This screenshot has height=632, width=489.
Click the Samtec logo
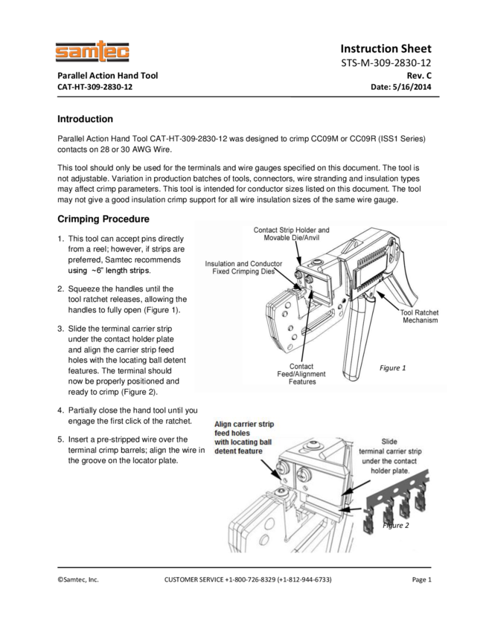pyautogui.click(x=92, y=52)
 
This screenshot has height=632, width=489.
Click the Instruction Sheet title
pyautogui.click(x=386, y=48)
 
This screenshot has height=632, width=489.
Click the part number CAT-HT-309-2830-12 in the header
pyautogui.click(x=96, y=87)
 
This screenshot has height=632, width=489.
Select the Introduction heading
pyautogui.click(x=85, y=119)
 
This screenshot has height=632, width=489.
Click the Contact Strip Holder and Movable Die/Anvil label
pyautogui.click(x=291, y=234)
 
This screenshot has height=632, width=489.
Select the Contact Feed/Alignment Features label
pyautogui.click(x=301, y=374)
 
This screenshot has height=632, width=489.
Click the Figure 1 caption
pyautogui.click(x=393, y=368)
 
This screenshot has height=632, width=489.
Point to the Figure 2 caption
pyautogui.click(x=396, y=526)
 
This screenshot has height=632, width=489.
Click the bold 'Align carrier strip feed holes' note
pyautogui.click(x=243, y=437)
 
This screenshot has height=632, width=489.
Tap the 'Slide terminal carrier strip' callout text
pyautogui.click(x=390, y=455)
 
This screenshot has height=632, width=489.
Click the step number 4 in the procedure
pyautogui.click(x=60, y=410)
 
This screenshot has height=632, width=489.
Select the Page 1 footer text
pyautogui.click(x=421, y=579)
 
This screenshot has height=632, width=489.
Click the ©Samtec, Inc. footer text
pyautogui.click(x=78, y=579)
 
